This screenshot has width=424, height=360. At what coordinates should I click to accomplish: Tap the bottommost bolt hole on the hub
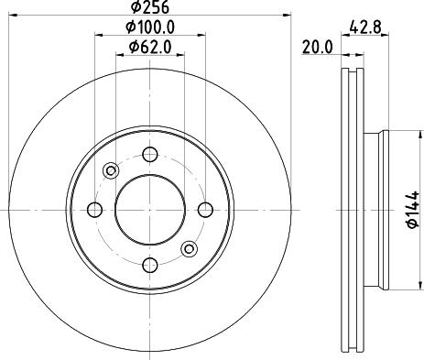pos(148,265)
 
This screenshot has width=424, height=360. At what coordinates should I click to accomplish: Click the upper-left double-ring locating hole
pos(112,169)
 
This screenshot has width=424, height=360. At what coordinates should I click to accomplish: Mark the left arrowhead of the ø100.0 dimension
pos(96,36)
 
